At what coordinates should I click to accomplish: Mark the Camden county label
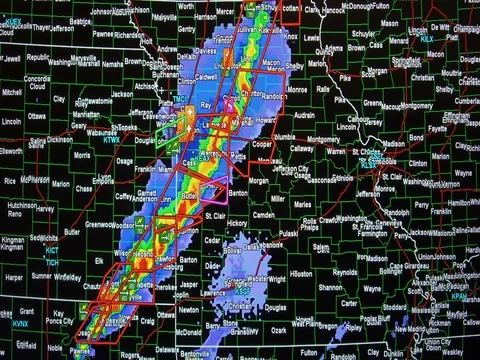click(265, 215)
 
